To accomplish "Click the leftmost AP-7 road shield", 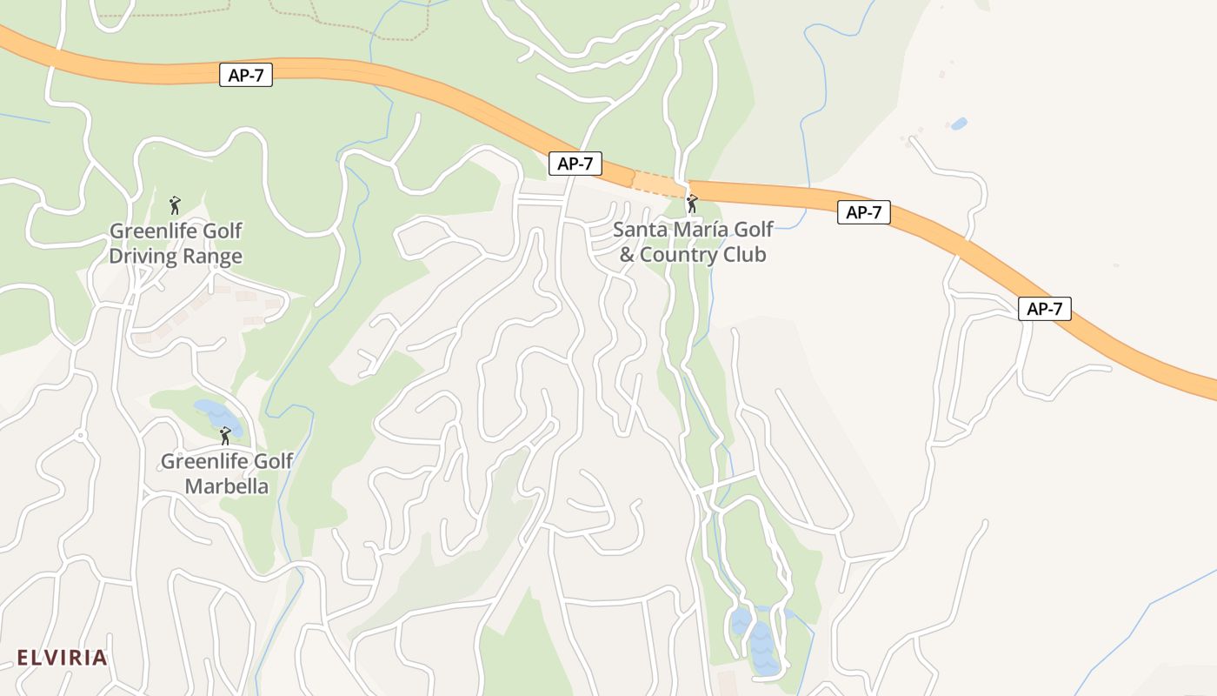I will click(246, 76).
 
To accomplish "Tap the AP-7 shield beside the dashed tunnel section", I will click(575, 164).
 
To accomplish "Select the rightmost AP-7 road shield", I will click(1044, 309).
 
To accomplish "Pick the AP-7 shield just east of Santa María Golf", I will click(863, 212).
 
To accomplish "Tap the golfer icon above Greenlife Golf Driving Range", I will click(175, 205).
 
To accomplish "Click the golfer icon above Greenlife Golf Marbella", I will click(225, 436).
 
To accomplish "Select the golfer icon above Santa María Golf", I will click(692, 204).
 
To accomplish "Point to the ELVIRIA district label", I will click(62, 658).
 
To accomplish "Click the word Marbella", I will click(226, 486).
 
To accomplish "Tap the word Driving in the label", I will click(144, 257).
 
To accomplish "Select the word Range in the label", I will click(212, 257).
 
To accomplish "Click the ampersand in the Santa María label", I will click(627, 255).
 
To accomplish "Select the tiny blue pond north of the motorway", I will click(959, 124).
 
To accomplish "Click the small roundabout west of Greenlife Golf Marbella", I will click(81, 434).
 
